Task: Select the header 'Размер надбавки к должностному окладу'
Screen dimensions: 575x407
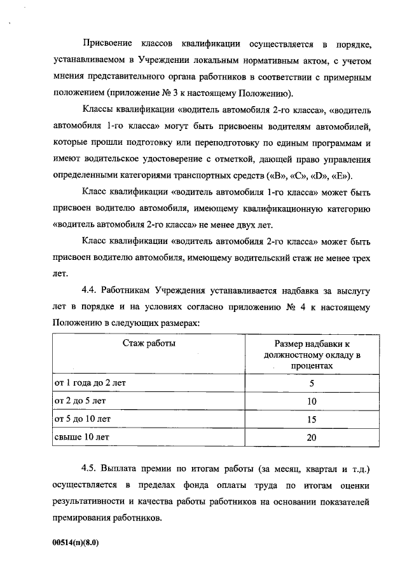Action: [312, 355]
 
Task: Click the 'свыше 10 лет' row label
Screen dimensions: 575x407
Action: [79, 437]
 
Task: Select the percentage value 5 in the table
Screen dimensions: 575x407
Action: [312, 384]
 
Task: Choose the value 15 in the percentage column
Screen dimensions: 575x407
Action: [312, 419]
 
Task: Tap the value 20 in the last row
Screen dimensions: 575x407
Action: [312, 437]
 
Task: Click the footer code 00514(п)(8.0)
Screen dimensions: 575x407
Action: [76, 544]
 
